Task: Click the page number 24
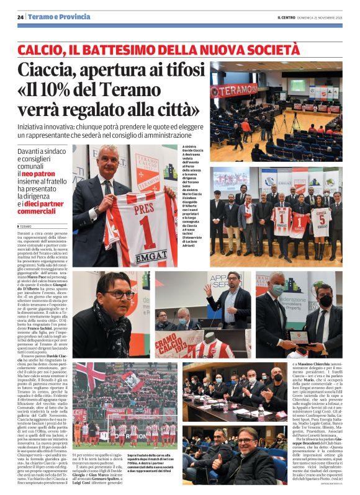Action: pyautogui.click(x=21, y=17)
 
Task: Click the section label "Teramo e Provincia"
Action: pyautogui.click(x=59, y=17)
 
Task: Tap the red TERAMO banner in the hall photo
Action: pyautogui.click(x=233, y=91)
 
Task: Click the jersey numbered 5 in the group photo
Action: pyautogui.click(x=320, y=221)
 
